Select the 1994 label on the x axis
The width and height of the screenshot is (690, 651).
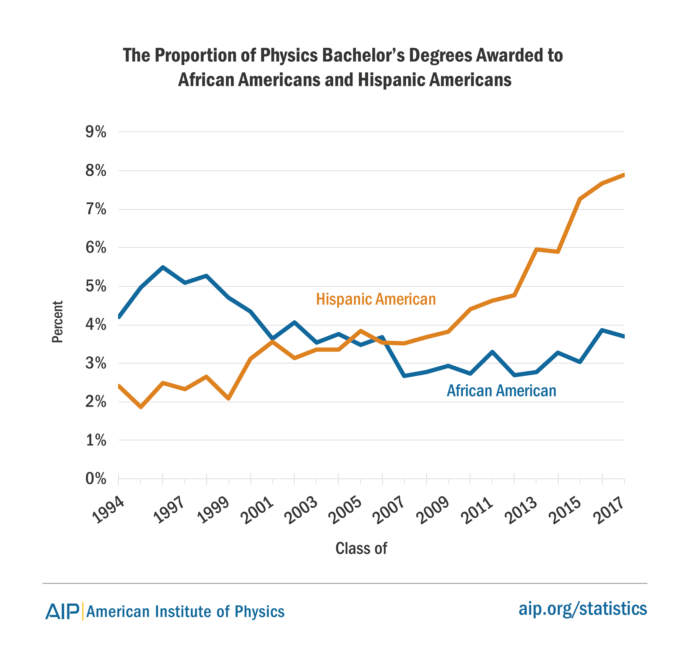[109, 510]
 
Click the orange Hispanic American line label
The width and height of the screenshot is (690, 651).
[376, 299]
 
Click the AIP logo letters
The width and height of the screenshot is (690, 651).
[63, 611]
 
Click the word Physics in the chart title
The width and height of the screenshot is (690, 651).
[289, 56]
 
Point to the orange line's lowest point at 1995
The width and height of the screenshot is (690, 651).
[141, 407]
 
